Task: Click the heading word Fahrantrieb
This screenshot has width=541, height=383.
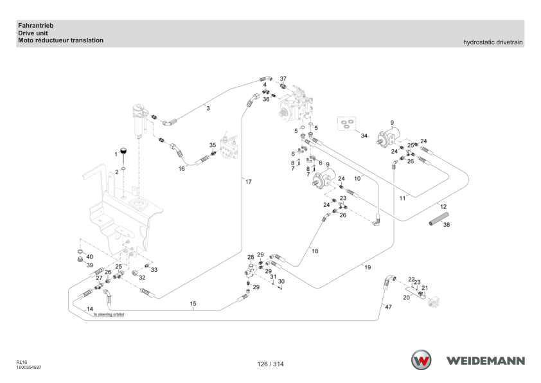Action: pos(36,26)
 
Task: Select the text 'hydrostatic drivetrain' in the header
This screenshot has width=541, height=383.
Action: pos(493,42)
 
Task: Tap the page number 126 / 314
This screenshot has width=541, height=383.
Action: pos(270,364)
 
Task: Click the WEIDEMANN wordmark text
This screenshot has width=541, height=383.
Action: pos(486,361)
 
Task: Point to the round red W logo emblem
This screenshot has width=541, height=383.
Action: pos(421,360)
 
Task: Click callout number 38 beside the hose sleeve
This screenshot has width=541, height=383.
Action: pos(447,225)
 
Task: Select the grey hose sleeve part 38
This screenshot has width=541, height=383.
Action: pos(439,219)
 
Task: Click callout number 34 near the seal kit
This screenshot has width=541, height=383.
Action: pos(364,136)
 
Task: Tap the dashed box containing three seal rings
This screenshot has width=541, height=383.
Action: pos(346,123)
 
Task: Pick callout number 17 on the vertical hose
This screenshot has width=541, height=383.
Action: pos(249,182)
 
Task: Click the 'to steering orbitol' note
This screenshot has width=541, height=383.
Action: pos(109,315)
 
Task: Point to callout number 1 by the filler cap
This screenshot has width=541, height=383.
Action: pos(116,154)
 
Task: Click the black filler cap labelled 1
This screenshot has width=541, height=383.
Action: pos(123,150)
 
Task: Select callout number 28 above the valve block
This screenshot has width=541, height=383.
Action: pos(251,258)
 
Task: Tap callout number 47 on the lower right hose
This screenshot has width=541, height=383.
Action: pos(389,307)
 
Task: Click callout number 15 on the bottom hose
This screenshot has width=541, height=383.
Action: pos(193,304)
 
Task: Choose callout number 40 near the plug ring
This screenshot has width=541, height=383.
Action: pos(90,257)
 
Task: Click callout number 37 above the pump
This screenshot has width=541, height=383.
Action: pos(283,79)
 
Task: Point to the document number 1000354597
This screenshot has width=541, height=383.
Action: pos(29,368)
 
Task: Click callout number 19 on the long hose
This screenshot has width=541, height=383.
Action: pos(368,267)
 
